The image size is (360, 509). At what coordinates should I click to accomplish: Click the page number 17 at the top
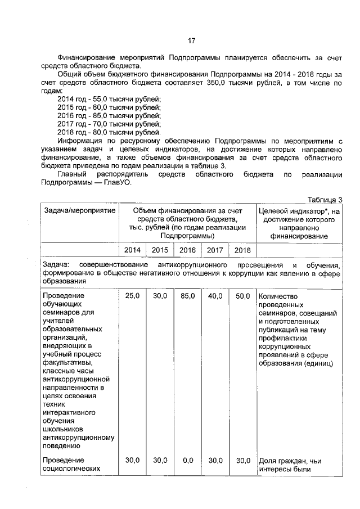coord(191,40)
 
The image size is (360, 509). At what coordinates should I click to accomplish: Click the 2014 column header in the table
coord(132,250)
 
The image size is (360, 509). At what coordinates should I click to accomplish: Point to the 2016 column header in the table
coord(187,250)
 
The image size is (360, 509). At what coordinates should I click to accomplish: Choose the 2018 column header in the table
coord(242,250)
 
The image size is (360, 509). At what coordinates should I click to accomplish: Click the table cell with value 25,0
coord(132,296)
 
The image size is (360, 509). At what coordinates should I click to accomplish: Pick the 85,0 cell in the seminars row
coord(187,296)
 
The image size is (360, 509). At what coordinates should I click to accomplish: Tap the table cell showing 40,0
coord(215,296)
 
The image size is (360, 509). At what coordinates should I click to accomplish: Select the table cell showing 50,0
coord(242,296)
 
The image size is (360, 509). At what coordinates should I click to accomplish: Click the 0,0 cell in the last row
coord(187,460)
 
